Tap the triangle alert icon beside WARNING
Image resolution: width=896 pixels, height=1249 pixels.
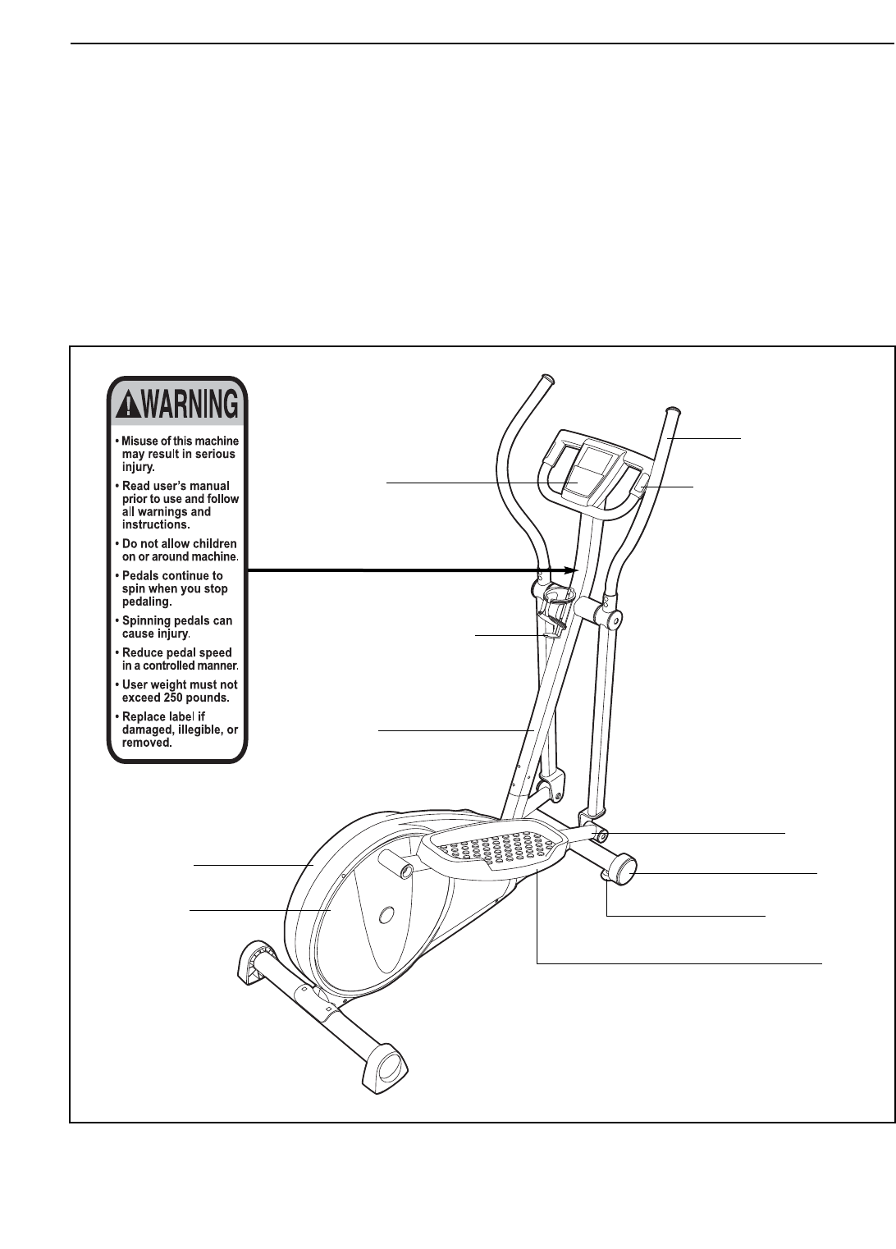point(129,404)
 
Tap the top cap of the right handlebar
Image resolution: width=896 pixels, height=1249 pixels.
point(672,409)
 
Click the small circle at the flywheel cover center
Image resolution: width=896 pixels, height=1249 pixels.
point(388,913)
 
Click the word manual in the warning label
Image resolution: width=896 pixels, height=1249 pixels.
point(209,487)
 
